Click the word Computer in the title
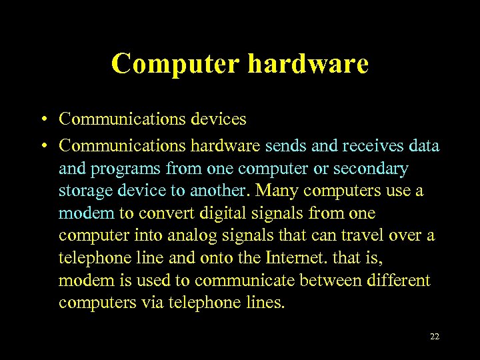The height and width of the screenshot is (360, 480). (175, 64)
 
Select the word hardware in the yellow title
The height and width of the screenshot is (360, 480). (308, 64)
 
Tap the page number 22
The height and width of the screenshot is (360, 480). (435, 337)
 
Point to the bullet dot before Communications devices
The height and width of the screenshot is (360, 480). (41, 120)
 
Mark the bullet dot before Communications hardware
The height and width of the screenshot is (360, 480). (41, 145)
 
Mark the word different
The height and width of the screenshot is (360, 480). (399, 281)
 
